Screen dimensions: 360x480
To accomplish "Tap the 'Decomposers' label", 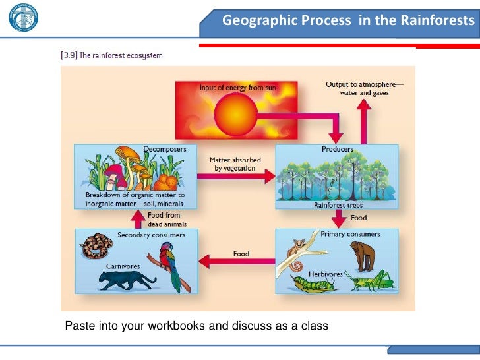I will click(165, 149).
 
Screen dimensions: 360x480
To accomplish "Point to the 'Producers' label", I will click(337, 149).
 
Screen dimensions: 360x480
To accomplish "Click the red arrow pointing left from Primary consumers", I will click(233, 261).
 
